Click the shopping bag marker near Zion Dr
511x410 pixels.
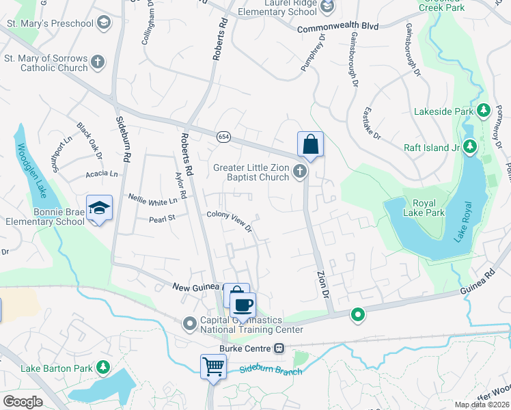coord(309,145)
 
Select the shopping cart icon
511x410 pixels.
coord(213,367)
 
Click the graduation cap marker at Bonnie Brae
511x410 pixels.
coord(99,208)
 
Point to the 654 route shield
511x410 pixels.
coord(223,137)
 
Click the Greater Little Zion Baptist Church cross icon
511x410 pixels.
coord(299,172)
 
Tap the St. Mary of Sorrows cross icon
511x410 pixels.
coord(98,62)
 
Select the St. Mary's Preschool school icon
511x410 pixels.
coord(104,24)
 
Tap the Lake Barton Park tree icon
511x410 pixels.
coord(103,368)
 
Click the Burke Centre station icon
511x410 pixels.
coord(279,348)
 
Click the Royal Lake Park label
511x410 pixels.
coord(429,208)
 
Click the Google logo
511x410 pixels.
coord(23,402)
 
